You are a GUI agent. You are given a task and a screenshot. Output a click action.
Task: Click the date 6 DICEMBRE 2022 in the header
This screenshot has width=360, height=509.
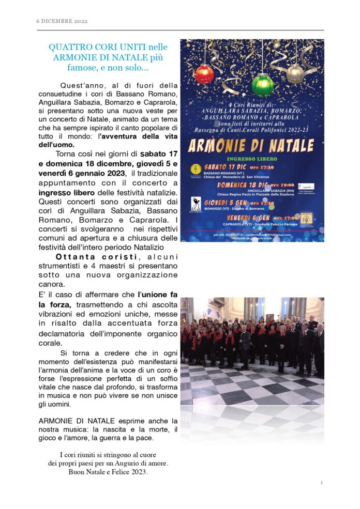point(62,21)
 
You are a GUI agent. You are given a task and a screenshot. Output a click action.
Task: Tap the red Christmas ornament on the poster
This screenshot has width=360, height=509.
point(204,74)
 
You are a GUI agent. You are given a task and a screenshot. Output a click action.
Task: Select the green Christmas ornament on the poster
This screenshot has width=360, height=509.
point(262,84)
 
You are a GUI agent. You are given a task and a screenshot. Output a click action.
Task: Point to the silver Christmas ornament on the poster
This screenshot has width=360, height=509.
point(295,73)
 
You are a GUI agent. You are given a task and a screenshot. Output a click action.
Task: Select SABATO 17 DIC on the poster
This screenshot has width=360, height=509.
point(225,167)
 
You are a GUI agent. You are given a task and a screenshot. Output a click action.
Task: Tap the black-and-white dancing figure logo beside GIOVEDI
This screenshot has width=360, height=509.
point(196,203)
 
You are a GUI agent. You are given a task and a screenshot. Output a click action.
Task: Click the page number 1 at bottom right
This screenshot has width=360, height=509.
point(321,483)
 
